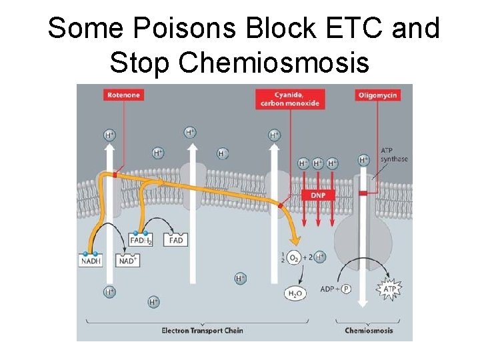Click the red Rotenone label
[123, 95]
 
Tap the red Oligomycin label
[377, 95]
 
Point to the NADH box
[91, 261]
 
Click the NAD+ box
[128, 261]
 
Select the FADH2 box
[141, 240]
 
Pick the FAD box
[176, 240]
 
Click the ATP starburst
[389, 289]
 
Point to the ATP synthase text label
[394, 155]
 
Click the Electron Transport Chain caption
[202, 331]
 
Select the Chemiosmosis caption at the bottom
[369, 331]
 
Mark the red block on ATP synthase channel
[363, 193]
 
